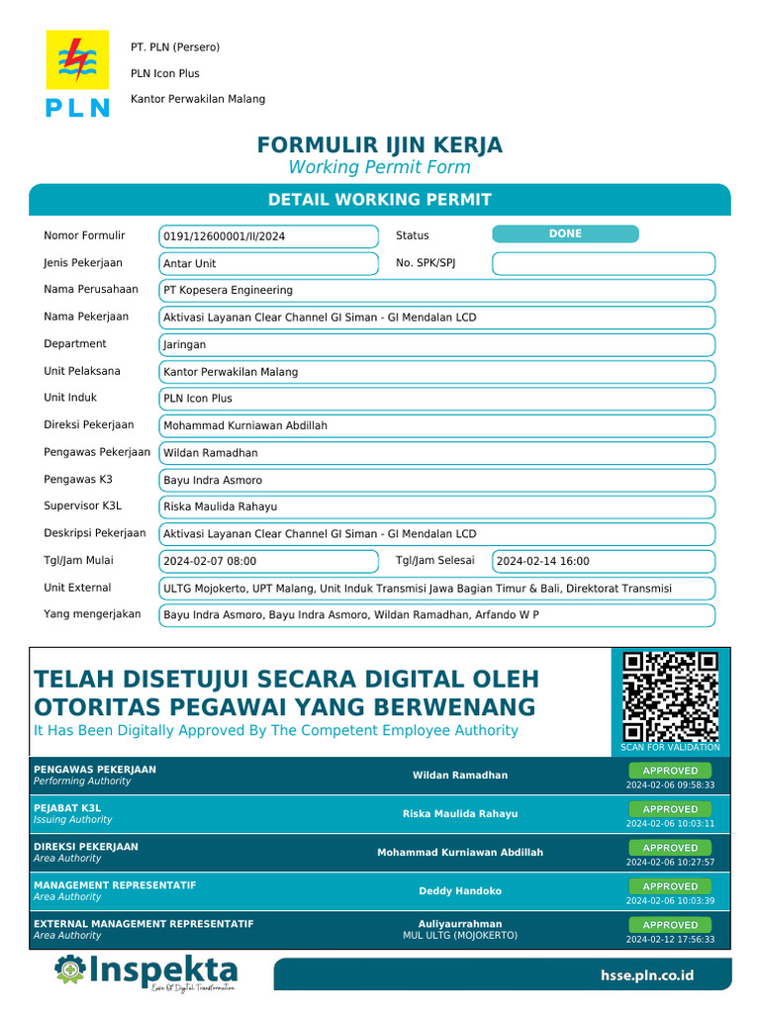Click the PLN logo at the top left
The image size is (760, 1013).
click(x=77, y=74)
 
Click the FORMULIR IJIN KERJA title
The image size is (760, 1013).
click(x=380, y=145)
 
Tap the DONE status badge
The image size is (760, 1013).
click(x=565, y=234)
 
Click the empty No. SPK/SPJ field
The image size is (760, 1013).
click(x=603, y=263)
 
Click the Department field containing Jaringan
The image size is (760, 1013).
click(x=436, y=345)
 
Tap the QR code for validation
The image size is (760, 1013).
click(x=670, y=696)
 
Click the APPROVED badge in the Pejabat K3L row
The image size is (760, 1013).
click(x=670, y=809)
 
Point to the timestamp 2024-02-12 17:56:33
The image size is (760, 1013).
click(x=670, y=940)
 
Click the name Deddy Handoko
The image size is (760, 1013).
click(x=460, y=891)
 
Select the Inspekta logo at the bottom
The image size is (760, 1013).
click(x=146, y=971)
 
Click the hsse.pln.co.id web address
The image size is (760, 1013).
click(x=647, y=975)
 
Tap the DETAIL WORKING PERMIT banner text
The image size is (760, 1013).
click(x=380, y=200)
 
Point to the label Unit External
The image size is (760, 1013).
click(x=77, y=588)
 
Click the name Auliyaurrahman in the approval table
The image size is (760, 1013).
click(x=460, y=924)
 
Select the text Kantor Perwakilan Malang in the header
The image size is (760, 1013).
click(x=198, y=99)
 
